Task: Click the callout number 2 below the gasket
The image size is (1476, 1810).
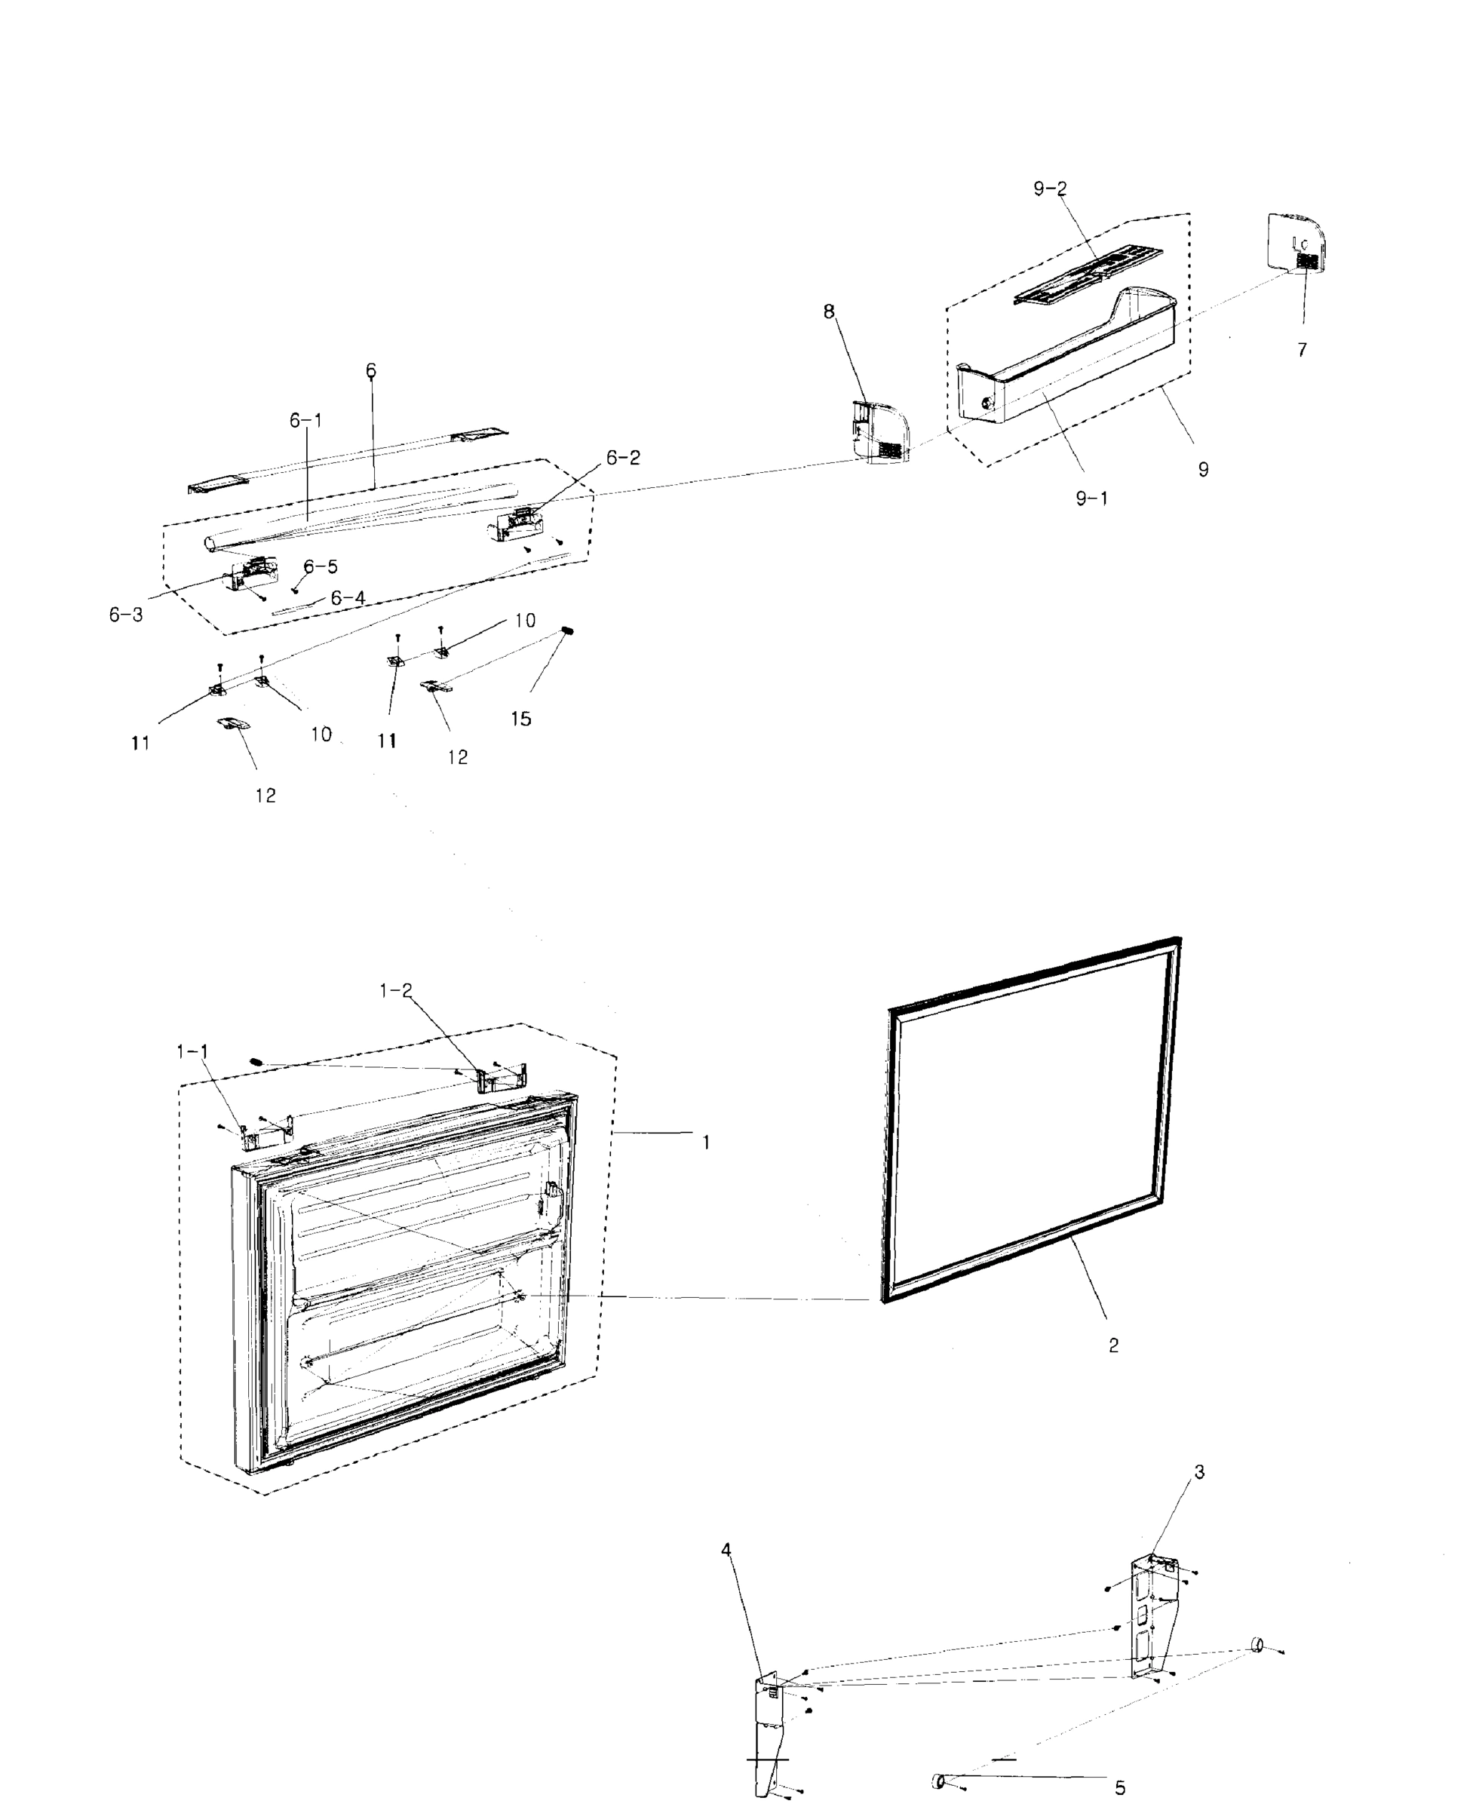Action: coord(1113,1345)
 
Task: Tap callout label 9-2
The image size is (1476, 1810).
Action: coord(1049,189)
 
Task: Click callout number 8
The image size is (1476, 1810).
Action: coord(829,312)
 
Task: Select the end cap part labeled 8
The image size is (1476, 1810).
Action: coord(880,434)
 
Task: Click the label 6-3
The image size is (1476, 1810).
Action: coord(126,615)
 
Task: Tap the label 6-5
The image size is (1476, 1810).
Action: coord(321,567)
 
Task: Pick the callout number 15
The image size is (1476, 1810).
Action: coord(520,719)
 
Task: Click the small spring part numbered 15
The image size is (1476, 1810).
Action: coord(568,630)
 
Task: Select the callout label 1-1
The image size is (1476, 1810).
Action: coord(192,1051)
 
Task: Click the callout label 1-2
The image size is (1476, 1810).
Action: coord(395,990)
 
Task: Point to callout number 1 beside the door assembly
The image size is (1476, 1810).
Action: coord(706,1143)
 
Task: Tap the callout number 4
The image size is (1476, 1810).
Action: coord(726,1550)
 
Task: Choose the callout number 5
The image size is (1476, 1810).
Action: coord(1120,1788)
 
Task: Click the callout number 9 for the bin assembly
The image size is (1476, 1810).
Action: coord(1202,469)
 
